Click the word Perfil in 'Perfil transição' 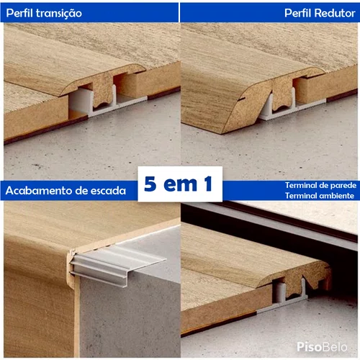19,13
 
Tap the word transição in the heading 59,14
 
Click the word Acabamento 39,191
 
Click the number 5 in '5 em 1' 150,184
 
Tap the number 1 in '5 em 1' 208,184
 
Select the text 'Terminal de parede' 320,185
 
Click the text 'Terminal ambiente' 320,196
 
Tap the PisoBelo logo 322,347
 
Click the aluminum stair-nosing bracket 115,264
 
